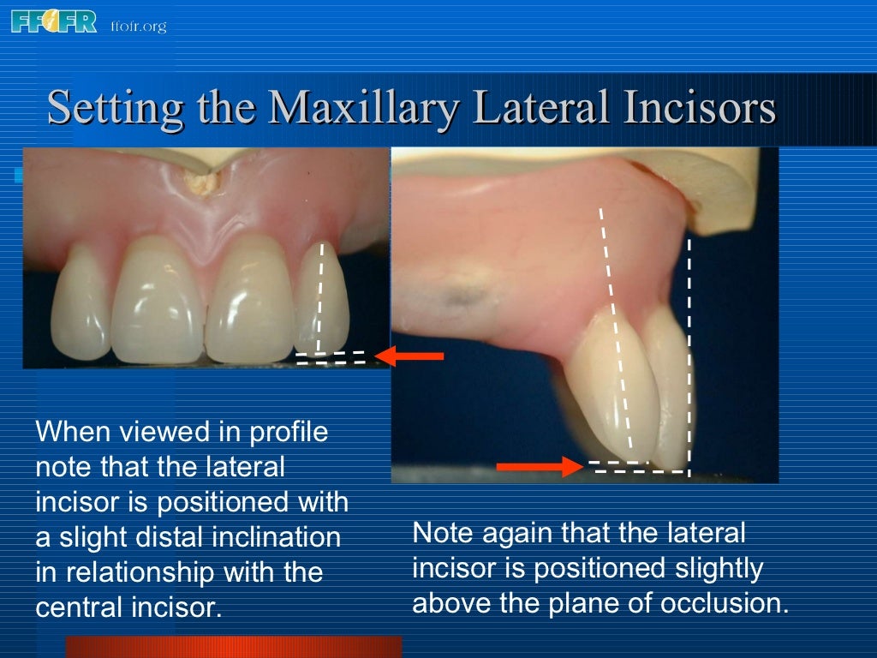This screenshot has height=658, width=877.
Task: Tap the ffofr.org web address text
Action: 138,26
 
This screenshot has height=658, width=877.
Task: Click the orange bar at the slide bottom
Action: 233,646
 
